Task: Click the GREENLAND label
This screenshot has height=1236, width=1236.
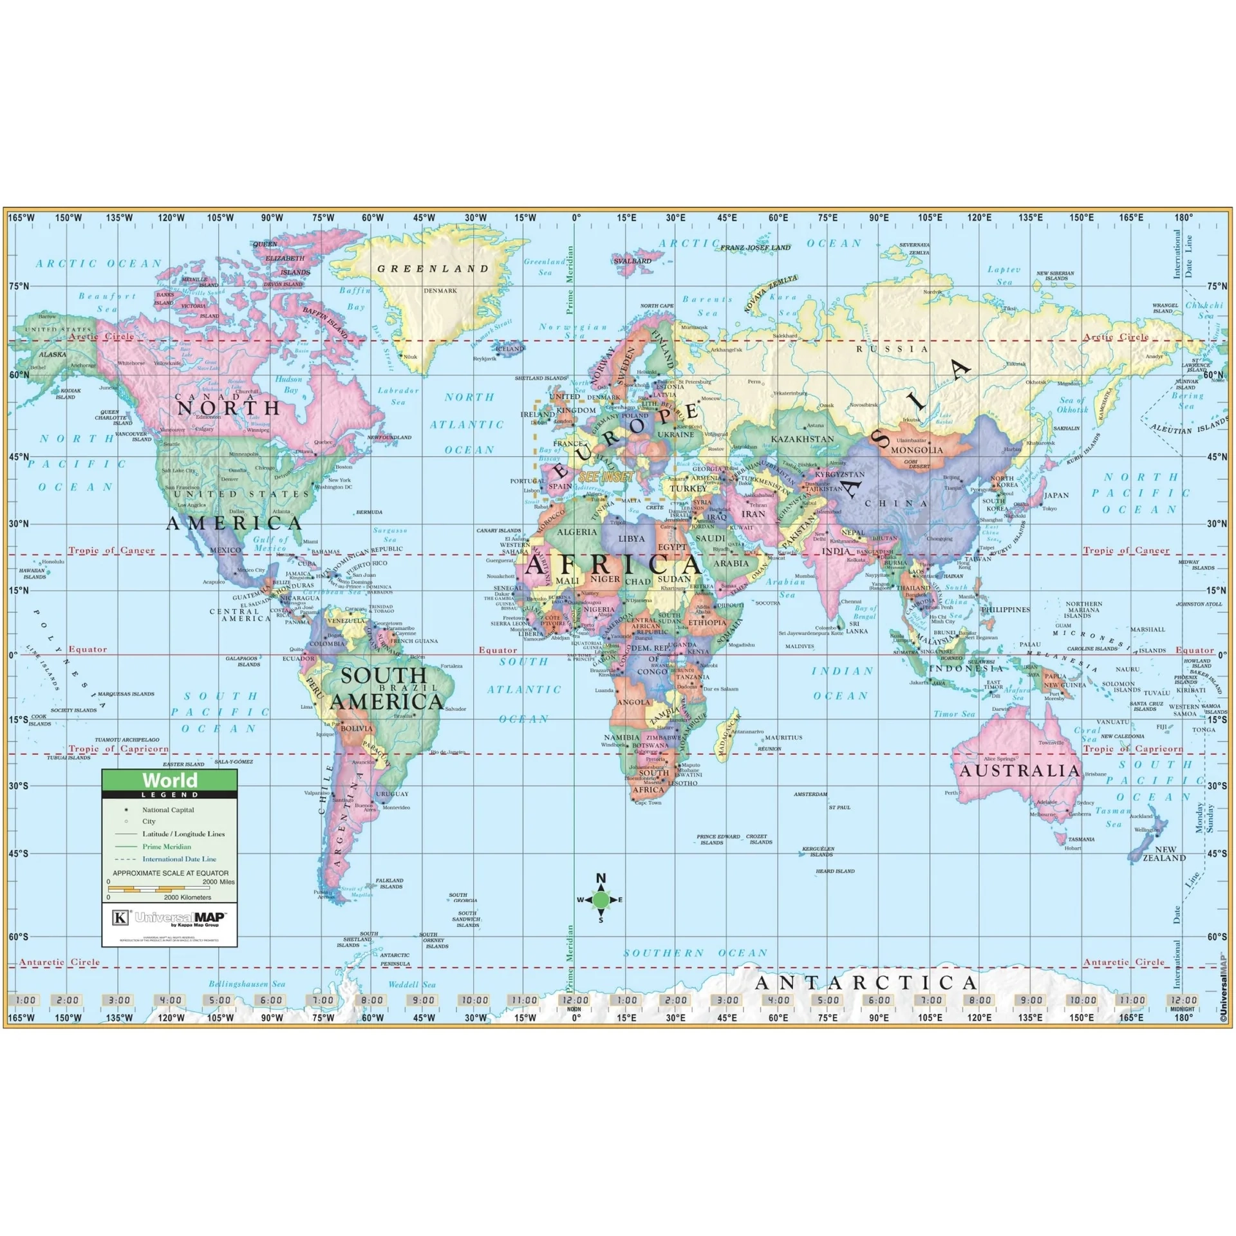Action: point(433,269)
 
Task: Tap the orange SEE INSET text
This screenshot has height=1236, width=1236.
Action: point(606,477)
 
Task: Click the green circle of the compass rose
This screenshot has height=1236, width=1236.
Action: point(601,899)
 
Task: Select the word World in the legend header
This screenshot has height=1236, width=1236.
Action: point(170,780)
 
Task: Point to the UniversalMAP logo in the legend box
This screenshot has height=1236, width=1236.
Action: point(169,917)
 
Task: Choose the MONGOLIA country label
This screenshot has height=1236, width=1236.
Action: point(917,450)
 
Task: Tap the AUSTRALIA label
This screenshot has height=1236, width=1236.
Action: point(1020,771)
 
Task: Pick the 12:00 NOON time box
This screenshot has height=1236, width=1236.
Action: point(574,1000)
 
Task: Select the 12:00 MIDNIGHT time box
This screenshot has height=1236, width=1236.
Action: point(1183,1000)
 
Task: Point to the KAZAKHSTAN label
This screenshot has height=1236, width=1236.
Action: point(802,439)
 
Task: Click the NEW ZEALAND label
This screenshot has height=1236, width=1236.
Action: point(1164,854)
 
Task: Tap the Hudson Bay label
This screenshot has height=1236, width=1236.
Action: point(288,384)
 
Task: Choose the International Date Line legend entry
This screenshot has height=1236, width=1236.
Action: point(179,859)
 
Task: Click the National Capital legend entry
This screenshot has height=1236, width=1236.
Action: point(167,810)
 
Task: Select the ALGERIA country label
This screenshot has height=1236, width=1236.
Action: point(577,532)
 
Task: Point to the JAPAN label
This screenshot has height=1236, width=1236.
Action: point(1056,495)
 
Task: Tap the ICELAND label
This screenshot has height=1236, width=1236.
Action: point(510,349)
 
